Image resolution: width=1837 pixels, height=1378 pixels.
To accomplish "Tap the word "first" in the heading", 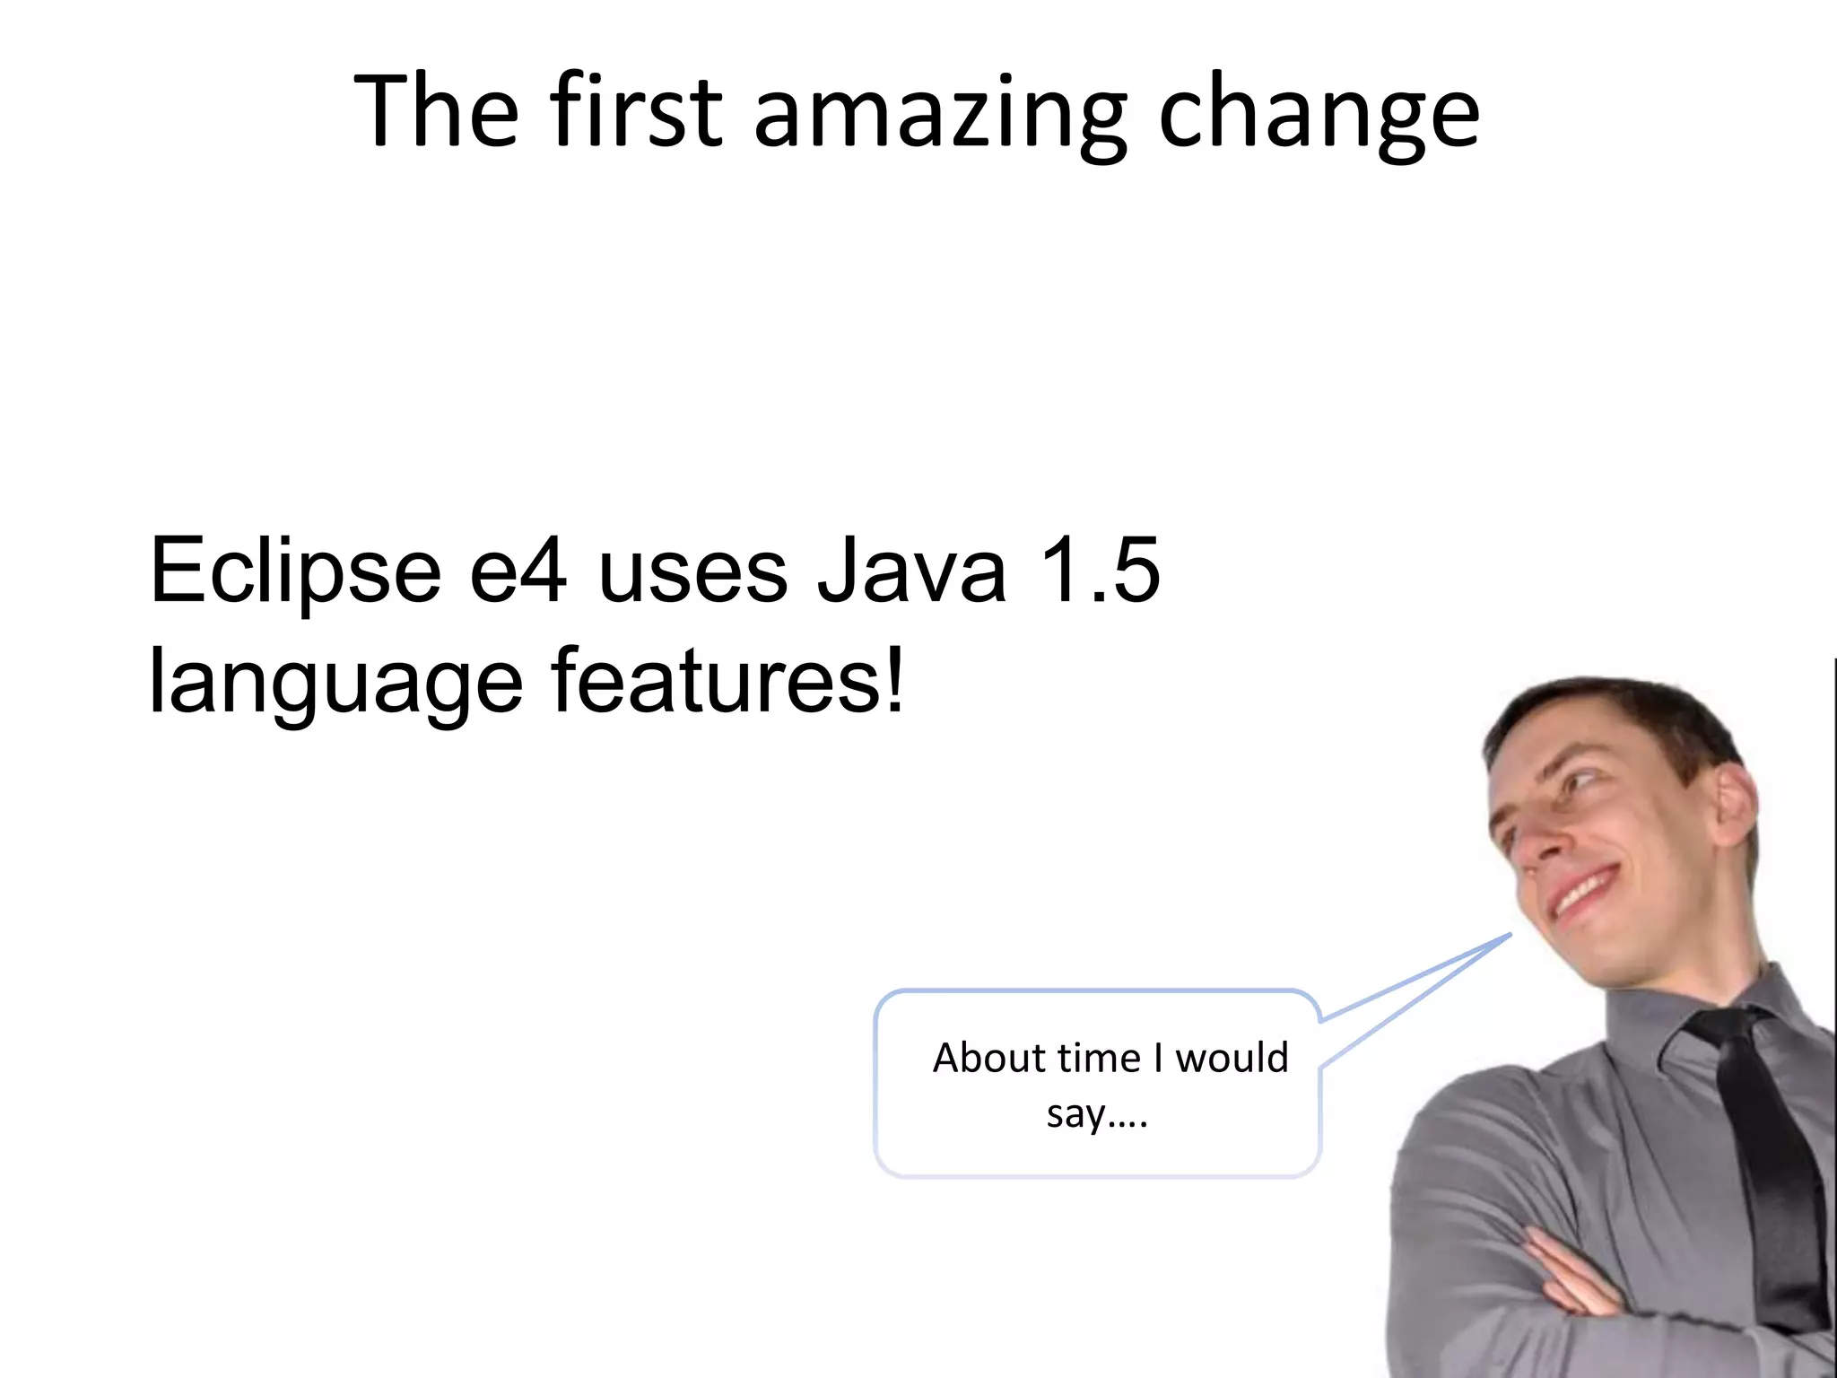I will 636,111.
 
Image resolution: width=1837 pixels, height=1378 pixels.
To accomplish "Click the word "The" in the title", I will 437,111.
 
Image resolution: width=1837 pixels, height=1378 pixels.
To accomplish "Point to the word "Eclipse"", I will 295,571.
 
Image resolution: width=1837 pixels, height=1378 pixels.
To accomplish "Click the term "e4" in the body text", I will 518,571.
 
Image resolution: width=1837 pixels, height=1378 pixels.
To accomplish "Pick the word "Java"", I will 912,571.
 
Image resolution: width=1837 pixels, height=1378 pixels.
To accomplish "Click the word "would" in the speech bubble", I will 1232,1058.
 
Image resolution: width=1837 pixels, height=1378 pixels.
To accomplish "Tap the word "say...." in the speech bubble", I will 1097,1115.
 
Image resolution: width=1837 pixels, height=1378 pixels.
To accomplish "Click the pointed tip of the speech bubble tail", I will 1511,935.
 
